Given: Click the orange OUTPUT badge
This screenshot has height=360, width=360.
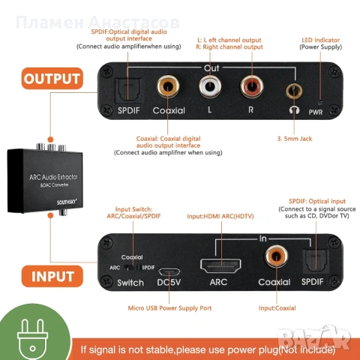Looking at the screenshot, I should pyautogui.click(x=52, y=78).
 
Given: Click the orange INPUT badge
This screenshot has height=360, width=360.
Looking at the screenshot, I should pyautogui.click(x=52, y=275).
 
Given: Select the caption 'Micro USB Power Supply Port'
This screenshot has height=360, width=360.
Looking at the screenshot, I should pyautogui.click(x=170, y=307).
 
